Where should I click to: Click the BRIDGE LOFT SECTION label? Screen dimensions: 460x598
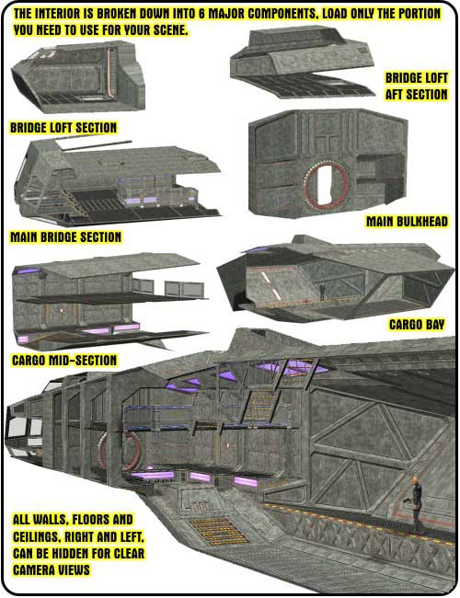point(63,127)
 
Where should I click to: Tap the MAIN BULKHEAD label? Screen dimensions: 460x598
point(407,221)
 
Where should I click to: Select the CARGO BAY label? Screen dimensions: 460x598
point(417,325)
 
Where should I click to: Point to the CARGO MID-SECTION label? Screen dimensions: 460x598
point(64,360)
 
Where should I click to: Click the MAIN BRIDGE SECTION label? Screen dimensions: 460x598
point(65,236)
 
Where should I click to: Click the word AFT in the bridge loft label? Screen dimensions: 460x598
point(395,95)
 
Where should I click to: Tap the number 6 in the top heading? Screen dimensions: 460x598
point(201,14)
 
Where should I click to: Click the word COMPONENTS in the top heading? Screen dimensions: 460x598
point(281,14)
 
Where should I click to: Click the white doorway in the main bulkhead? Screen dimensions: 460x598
point(324,184)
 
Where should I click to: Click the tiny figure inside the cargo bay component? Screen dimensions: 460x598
point(322,293)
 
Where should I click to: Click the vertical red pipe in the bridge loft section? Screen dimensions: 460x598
point(109,72)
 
